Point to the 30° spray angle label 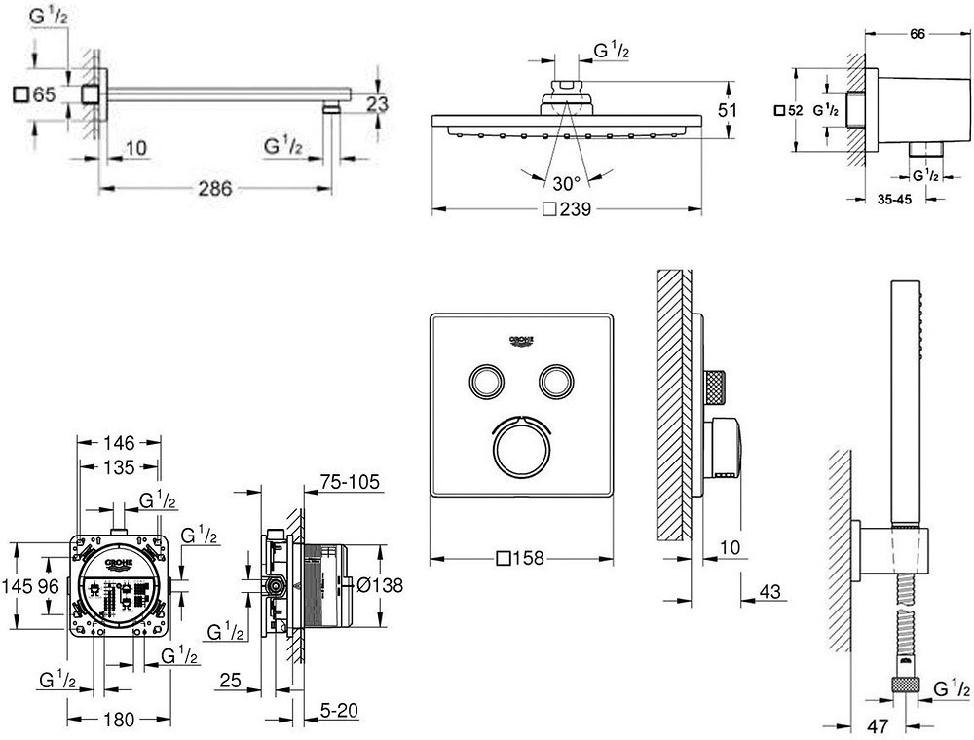tap(566, 182)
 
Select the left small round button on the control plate tap(484, 379)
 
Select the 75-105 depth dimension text tap(349, 482)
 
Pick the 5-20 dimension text tap(339, 712)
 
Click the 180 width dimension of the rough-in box tap(119, 721)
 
